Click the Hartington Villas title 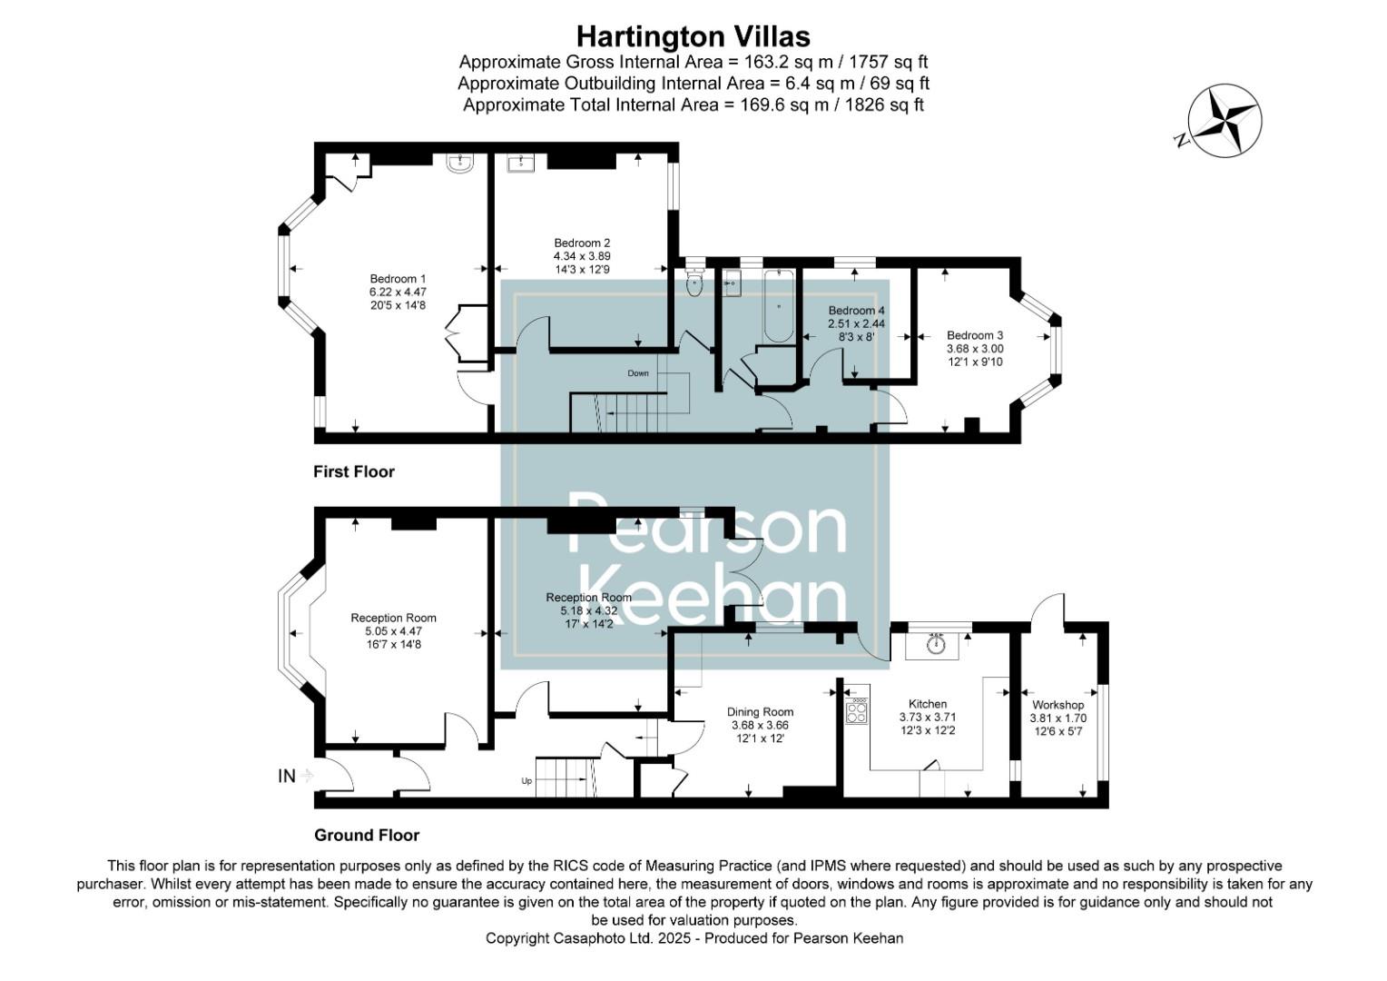coord(693,36)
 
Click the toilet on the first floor coord(694,282)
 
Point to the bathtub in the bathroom coord(778,307)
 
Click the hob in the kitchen coord(856,711)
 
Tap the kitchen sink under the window coord(937,644)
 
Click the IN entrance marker coord(287,776)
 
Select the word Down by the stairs coord(638,373)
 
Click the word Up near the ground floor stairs coord(526,780)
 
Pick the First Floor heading coord(354,471)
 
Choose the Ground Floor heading coord(367,835)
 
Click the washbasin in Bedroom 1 coord(461,163)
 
